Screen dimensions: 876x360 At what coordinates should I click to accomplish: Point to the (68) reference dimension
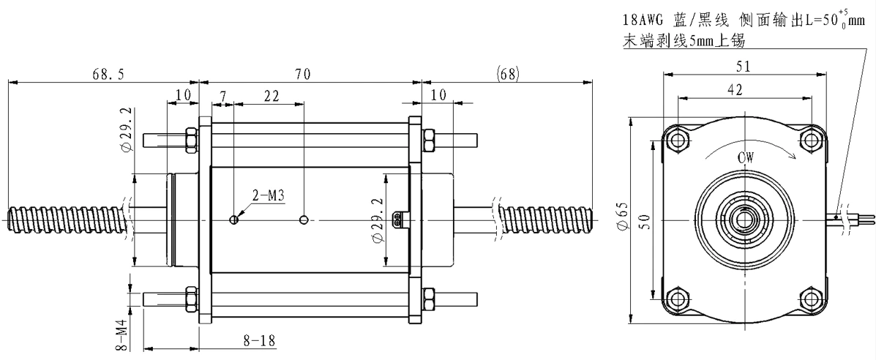click(x=508, y=73)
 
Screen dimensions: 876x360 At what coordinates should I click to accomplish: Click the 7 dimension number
click(x=223, y=96)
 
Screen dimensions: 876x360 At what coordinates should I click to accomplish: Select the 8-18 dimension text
click(x=259, y=340)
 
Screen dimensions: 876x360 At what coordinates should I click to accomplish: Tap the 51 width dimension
click(x=744, y=66)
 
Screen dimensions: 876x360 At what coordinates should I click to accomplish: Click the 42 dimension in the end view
click(x=736, y=89)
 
